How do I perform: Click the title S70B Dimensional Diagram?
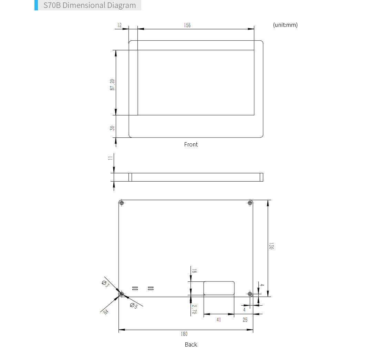(x=90, y=6)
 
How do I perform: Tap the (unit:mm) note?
(x=285, y=25)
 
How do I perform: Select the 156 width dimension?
(x=187, y=25)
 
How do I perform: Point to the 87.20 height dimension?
(x=112, y=84)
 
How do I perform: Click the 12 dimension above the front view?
(x=120, y=25)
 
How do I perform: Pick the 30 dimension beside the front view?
(x=112, y=128)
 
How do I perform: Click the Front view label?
(x=191, y=144)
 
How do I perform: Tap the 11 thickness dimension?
(x=110, y=158)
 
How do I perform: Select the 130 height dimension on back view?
(x=271, y=246)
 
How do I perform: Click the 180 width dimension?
(x=184, y=334)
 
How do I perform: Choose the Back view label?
(x=191, y=344)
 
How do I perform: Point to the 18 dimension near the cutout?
(x=194, y=271)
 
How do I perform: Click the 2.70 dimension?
(x=194, y=309)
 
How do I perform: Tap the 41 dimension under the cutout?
(x=218, y=320)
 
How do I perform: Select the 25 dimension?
(x=245, y=320)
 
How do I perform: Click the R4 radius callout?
(x=106, y=312)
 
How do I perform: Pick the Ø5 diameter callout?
(x=134, y=306)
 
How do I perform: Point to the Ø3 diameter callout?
(x=105, y=284)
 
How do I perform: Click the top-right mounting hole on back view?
(x=250, y=203)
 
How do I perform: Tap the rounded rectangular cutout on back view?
(x=219, y=288)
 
